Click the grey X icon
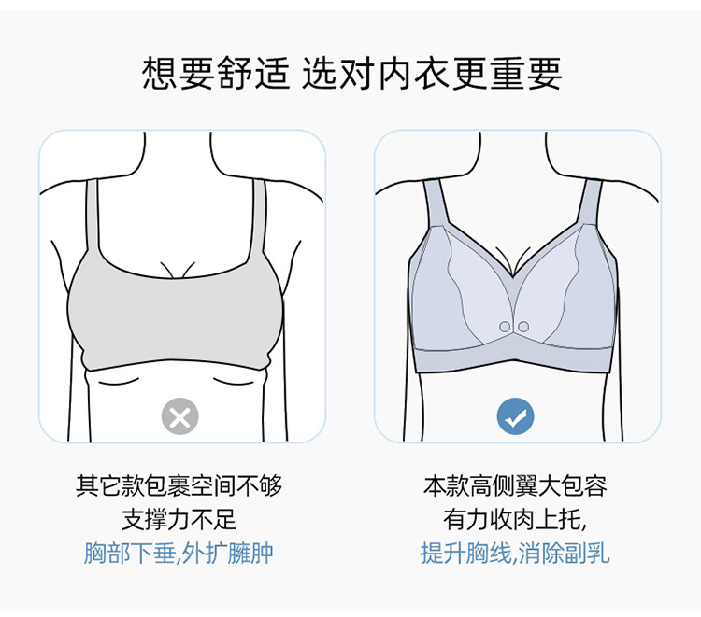180,416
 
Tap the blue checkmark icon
516,416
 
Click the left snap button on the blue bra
505,326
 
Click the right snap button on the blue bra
523,326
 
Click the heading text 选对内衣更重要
432,74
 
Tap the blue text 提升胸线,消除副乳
515,553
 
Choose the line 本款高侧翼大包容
515,485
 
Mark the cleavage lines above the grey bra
179,268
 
